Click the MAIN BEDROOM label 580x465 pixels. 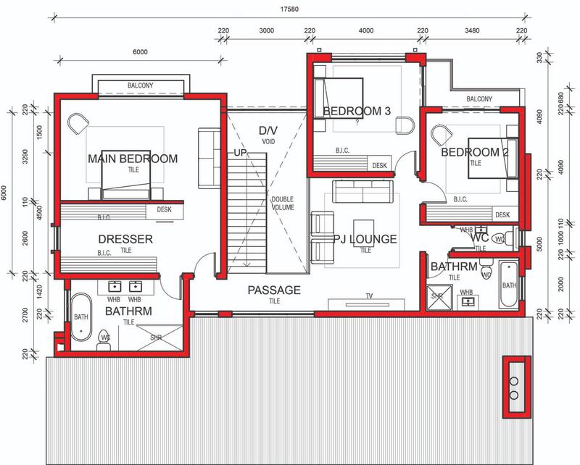click(133, 159)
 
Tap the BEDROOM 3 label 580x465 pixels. click(357, 111)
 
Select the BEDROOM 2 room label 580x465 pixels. click(475, 152)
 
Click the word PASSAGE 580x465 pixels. click(274, 290)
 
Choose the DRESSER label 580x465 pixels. click(125, 238)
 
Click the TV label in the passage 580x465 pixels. click(369, 296)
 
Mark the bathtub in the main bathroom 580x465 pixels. click(79, 317)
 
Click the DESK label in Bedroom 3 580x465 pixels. click(379, 166)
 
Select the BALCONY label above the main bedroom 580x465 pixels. click(141, 85)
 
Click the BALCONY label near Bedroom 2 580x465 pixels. click(479, 99)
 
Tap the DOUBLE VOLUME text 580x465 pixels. click(283, 204)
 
